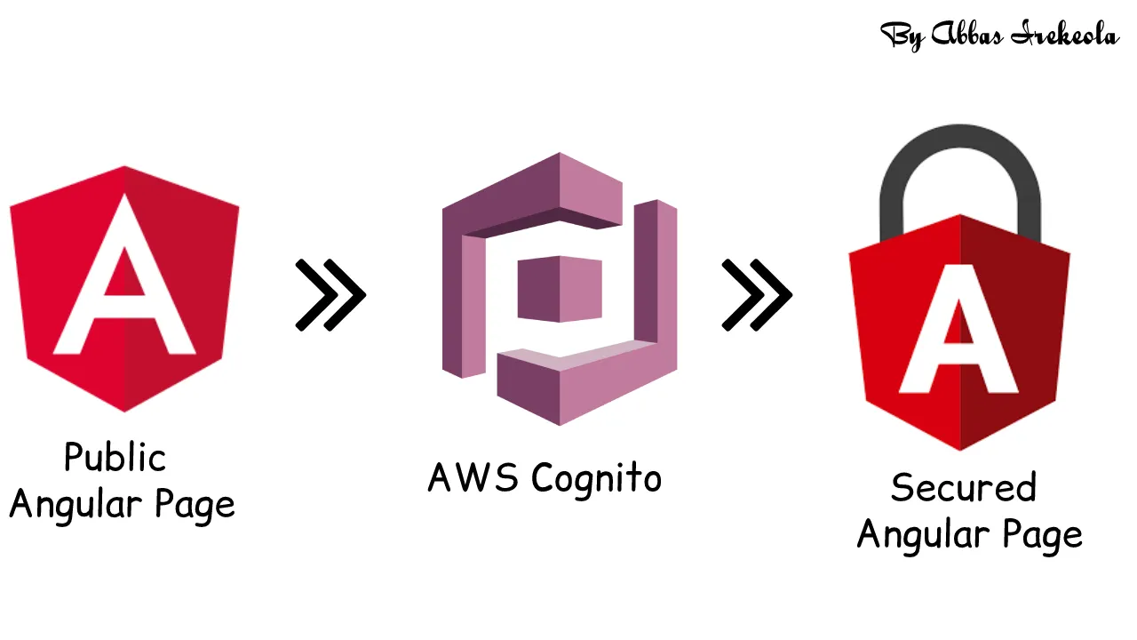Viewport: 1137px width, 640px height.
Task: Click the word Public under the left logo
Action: [115, 459]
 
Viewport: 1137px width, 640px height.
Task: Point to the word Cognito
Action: [597, 478]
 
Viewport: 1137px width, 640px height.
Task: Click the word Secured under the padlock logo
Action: [964, 488]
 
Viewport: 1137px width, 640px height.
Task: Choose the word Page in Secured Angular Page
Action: [1043, 535]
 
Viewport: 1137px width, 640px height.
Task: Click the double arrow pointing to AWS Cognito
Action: [330, 295]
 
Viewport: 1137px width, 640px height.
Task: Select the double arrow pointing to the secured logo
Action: [756, 295]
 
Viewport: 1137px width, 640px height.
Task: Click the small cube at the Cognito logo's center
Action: [560, 288]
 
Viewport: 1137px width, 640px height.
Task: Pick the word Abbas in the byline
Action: [972, 36]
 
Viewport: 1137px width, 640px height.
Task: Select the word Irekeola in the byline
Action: [1069, 36]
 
